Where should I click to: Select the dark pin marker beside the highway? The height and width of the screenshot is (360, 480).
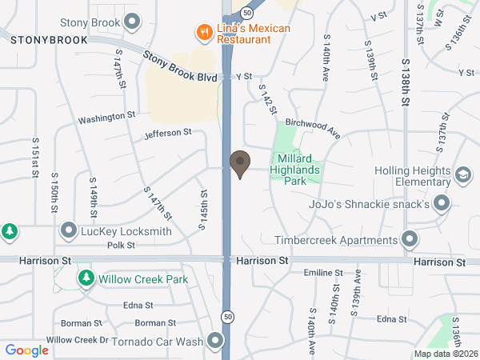click(239, 163)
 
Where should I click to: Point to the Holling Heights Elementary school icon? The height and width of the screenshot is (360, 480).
click(463, 175)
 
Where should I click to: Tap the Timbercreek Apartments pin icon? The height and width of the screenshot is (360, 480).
click(410, 239)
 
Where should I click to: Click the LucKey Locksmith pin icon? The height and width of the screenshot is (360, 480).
click(70, 232)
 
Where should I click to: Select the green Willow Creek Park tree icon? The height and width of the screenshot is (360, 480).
click(86, 279)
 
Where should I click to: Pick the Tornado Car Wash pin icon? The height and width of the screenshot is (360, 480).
click(215, 342)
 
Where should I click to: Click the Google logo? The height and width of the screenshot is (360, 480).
click(26, 350)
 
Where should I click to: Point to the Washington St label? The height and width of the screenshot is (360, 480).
click(106, 118)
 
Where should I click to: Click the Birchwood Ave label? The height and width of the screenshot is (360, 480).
click(313, 128)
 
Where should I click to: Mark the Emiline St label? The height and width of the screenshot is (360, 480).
click(323, 274)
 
